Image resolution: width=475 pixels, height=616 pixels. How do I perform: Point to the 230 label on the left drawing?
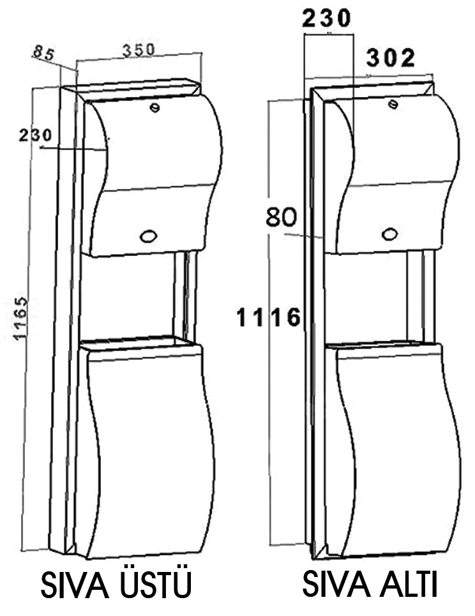point(36,135)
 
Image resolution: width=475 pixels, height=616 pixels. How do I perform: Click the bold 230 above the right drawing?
point(328,19)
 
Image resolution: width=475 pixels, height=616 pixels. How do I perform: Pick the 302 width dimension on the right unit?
point(391,59)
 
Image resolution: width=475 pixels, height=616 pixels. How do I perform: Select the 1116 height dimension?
point(268,317)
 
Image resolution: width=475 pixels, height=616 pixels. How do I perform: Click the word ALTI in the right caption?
point(408,585)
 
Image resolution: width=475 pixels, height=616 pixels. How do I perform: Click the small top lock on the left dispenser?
point(154,107)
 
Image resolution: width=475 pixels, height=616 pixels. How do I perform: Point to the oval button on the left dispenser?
point(148,236)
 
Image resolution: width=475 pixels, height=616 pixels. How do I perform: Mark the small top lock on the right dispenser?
point(395,103)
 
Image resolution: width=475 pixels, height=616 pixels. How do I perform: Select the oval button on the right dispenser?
point(389,234)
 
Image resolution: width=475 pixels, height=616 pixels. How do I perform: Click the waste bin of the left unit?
point(150,447)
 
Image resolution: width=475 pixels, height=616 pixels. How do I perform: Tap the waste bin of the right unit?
point(389,447)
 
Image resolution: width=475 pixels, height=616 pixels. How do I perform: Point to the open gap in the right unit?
point(370,297)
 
